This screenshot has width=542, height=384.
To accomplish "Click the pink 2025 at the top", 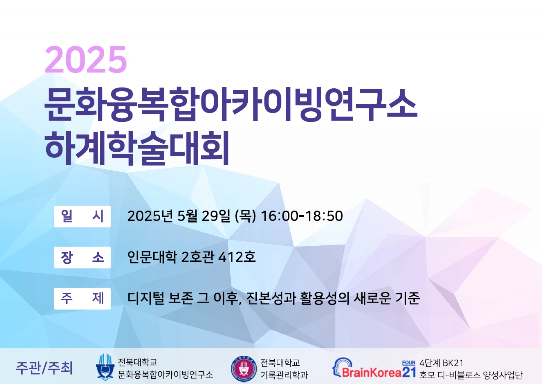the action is (x=86, y=59).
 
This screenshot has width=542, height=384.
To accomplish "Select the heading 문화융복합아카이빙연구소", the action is (x=231, y=104).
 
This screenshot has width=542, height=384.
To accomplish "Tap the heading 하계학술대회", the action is (x=137, y=148).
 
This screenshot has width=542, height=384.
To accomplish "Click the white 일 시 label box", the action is (x=82, y=216).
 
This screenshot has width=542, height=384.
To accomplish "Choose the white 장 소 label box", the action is (x=82, y=257).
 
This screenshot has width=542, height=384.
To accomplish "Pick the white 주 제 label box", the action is (x=82, y=299).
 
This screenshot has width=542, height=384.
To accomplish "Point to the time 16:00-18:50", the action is (x=302, y=216).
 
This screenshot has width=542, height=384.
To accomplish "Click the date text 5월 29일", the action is (x=204, y=216).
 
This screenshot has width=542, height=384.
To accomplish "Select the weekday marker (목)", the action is (x=245, y=216).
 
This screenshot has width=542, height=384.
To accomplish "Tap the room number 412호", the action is (x=237, y=257).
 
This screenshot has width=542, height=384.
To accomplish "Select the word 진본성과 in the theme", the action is (x=271, y=298).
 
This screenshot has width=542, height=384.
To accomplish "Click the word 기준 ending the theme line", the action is (x=408, y=298).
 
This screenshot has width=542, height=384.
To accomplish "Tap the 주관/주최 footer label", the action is (x=44, y=368).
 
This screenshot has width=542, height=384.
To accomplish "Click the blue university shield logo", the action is (x=105, y=367).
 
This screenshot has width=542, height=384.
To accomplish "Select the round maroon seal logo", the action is (x=244, y=369).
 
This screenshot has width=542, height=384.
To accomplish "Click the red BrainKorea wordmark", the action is (x=372, y=373).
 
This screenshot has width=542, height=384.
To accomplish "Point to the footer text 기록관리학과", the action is (x=284, y=375).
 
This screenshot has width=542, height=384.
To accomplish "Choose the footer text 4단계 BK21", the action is (x=441, y=363).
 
